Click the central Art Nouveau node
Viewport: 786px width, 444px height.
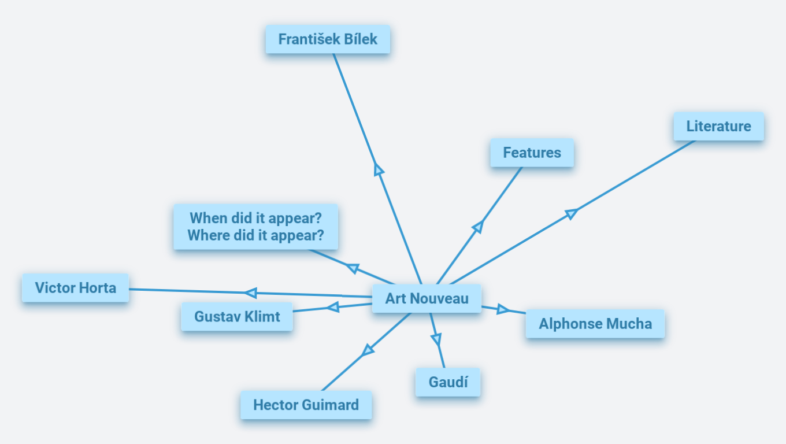[427, 298]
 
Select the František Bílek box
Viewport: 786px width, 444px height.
[328, 39]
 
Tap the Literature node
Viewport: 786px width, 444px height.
[718, 126]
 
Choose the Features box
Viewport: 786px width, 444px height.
[532, 153]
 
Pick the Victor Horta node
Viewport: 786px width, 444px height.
[75, 288]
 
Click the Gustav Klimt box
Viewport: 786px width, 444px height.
[237, 317]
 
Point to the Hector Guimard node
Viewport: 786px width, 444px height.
[306, 405]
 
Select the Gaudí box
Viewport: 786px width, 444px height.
[448, 382]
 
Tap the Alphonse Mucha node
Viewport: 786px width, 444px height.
[595, 324]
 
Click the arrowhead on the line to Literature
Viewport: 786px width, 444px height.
[571, 214]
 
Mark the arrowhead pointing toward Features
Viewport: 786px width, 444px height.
[477, 227]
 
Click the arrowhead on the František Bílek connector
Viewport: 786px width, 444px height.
[379, 169]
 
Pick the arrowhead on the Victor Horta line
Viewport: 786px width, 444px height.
[251, 293]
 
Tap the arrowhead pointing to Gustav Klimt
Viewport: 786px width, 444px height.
[332, 306]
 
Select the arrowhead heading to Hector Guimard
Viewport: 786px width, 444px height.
[368, 350]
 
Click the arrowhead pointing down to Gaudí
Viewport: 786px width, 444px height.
[437, 339]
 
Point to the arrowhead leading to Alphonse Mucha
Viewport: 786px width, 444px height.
[503, 310]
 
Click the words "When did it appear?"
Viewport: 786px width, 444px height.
[255, 219]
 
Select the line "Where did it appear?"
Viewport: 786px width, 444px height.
[255, 236]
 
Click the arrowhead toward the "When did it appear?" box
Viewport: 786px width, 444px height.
[353, 268]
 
